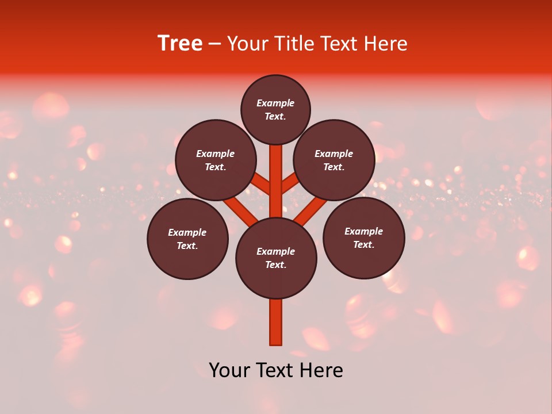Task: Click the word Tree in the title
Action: tap(180, 44)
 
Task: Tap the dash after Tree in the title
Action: tap(214, 44)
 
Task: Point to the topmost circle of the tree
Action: tap(275, 109)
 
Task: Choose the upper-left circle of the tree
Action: tap(216, 160)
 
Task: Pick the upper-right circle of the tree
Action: tap(334, 160)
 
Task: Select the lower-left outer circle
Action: tap(187, 239)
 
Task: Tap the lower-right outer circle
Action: tap(363, 237)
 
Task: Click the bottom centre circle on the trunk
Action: tap(276, 258)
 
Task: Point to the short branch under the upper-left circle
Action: tap(260, 184)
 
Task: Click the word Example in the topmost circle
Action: tap(275, 103)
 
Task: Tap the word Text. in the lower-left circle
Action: tap(187, 246)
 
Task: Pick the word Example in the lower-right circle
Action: tap(363, 231)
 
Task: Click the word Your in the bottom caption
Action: tap(229, 370)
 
